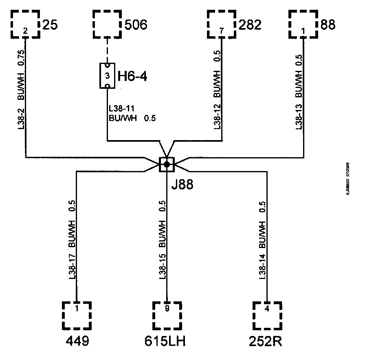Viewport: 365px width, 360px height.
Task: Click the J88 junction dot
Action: (x=167, y=164)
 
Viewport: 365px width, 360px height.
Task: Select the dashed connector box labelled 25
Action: (x=25, y=24)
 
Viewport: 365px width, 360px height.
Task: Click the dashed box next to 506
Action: (x=108, y=24)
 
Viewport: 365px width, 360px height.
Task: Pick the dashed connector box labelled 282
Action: (x=222, y=24)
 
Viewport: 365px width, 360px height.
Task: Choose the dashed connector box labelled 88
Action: (x=303, y=24)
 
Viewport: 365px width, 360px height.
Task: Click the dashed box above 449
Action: (x=77, y=315)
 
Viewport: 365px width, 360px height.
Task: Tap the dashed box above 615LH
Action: (x=167, y=315)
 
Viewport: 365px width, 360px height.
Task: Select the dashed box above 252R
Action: (x=267, y=315)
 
